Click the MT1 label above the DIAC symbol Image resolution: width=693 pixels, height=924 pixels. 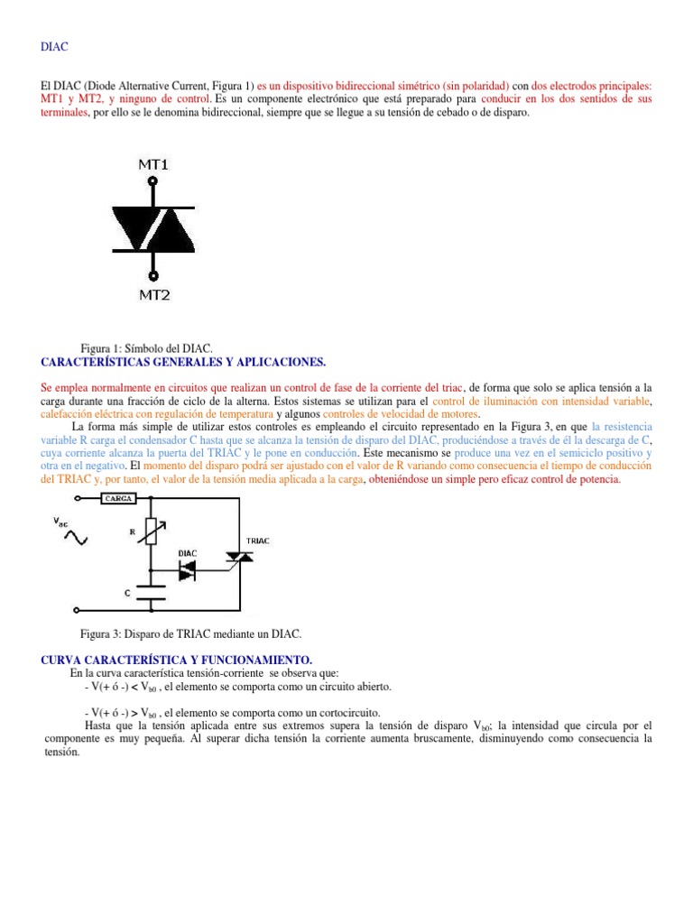pyautogui.click(x=152, y=165)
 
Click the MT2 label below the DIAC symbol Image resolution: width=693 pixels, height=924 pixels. pyautogui.click(x=152, y=294)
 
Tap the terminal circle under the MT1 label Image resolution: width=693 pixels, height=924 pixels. pyautogui.click(x=152, y=182)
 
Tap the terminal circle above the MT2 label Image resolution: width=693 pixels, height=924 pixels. pyautogui.click(x=152, y=275)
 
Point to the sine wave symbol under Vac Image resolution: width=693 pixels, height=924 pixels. pyautogui.click(x=74, y=538)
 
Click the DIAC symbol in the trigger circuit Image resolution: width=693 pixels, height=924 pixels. pyautogui.click(x=187, y=569)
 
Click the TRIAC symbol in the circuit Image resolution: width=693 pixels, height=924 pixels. pyautogui.click(x=239, y=559)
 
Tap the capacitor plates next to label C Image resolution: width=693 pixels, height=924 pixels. pyautogui.click(x=151, y=593)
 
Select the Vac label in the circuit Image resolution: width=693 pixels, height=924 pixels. pyautogui.click(x=60, y=522)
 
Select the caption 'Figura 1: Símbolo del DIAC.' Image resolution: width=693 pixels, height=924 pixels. pyautogui.click(x=146, y=348)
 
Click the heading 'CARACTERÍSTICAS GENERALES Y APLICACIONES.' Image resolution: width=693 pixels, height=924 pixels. pyautogui.click(x=183, y=361)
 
